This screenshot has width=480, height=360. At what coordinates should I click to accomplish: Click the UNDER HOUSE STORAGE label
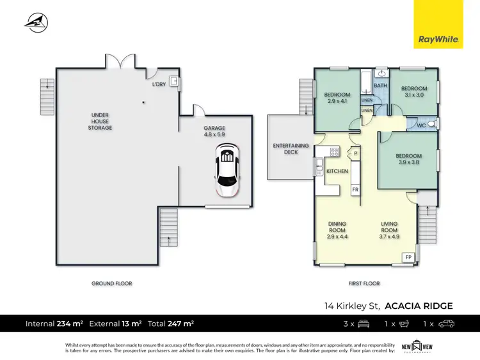tap(100, 121)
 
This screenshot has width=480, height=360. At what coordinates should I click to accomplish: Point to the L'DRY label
tap(159, 84)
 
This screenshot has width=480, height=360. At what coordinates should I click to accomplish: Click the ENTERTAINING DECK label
tap(291, 149)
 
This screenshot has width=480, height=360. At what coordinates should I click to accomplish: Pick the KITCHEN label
tap(337, 172)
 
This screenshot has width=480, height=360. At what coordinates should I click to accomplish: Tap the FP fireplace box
tap(408, 257)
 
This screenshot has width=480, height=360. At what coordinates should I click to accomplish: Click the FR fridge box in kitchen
tap(355, 190)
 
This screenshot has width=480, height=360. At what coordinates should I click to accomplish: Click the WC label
tap(421, 125)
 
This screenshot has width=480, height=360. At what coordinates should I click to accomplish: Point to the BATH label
tap(380, 86)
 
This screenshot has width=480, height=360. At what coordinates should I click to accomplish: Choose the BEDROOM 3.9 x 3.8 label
tap(408, 159)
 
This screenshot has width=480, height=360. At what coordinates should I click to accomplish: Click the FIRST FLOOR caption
tap(364, 283)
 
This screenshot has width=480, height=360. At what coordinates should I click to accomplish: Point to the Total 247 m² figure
tap(171, 324)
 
